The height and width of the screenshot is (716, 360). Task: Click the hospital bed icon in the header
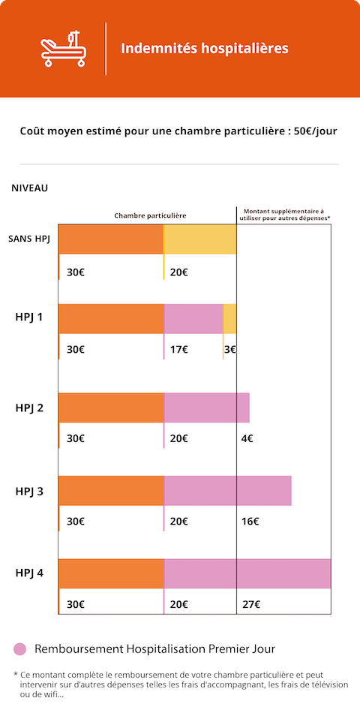point(63,49)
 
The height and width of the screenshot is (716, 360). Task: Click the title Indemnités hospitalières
point(205,48)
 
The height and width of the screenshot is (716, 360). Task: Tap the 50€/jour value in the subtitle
point(316,131)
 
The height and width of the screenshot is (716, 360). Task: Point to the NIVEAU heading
point(30,188)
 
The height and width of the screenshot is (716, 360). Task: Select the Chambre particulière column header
point(150,215)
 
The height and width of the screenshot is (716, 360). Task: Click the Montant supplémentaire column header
point(284,215)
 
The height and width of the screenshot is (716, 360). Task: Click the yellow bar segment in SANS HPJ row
point(200,239)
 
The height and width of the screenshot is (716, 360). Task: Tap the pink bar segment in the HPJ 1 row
point(193,318)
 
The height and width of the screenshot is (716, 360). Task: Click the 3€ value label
point(230,350)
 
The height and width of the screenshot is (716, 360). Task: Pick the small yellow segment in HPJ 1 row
point(229,318)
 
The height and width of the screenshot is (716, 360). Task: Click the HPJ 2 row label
point(29,408)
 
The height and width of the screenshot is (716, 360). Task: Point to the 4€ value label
point(247,439)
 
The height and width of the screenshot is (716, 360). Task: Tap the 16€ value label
point(250,522)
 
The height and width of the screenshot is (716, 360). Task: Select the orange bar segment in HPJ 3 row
point(111,490)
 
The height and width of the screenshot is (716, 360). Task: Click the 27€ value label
point(251,605)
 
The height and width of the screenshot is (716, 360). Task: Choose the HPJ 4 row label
point(29,573)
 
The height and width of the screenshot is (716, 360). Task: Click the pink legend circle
point(20,649)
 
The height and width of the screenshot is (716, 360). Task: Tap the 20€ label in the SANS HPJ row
point(178,273)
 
